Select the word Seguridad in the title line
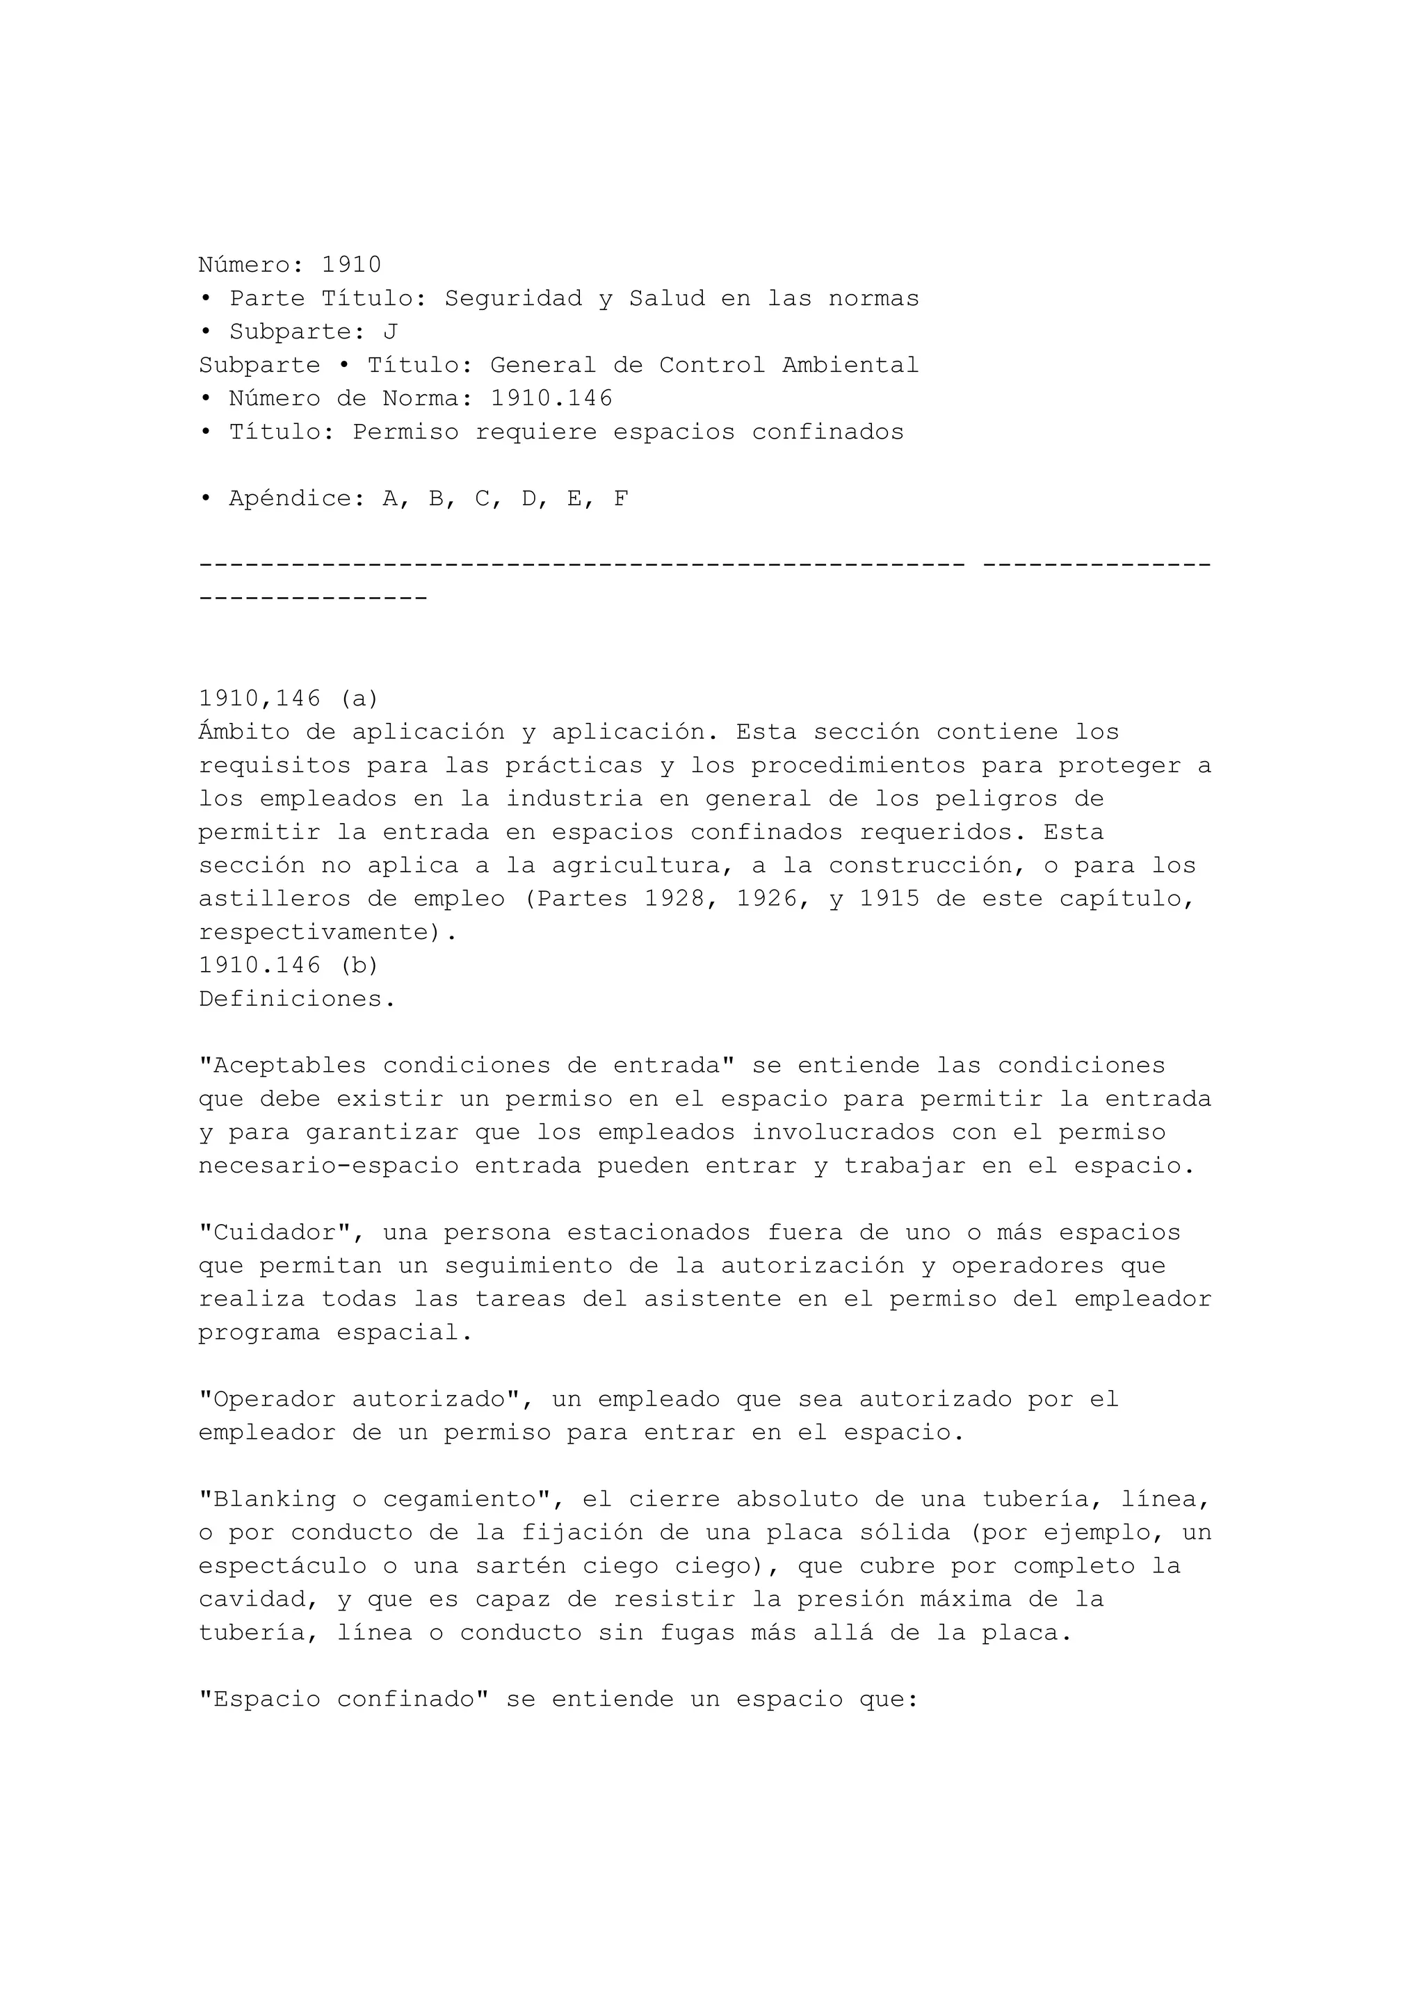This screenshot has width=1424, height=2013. [x=513, y=298]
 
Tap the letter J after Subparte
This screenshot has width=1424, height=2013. [x=390, y=332]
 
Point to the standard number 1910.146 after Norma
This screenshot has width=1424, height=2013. [x=551, y=398]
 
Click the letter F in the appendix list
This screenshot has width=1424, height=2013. [x=620, y=499]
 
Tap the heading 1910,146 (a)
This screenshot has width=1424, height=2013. [x=289, y=699]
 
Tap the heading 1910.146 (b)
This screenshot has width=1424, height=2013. [x=289, y=965]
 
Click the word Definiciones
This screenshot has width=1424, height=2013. [x=296, y=999]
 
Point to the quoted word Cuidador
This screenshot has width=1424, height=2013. [x=275, y=1232]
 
